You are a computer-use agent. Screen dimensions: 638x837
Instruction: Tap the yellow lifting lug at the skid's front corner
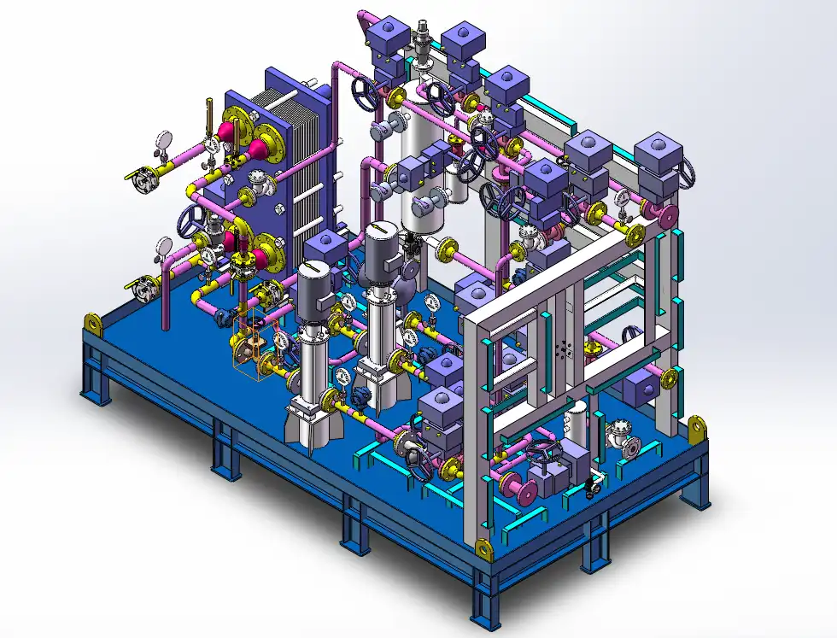(x=483, y=549)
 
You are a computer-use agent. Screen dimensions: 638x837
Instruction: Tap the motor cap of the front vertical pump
(x=313, y=272)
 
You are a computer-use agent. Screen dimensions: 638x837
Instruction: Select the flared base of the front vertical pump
(x=307, y=424)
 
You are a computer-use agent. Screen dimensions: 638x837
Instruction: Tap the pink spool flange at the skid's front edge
(x=519, y=487)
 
